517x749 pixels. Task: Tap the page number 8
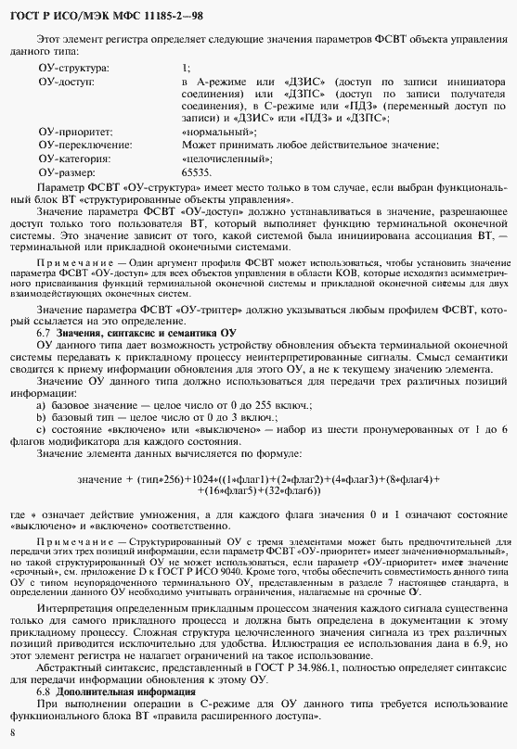pyautogui.click(x=11, y=733)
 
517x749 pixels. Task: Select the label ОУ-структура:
pyautogui.click(x=73, y=69)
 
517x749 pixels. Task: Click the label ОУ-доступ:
pyautogui.click(x=67, y=82)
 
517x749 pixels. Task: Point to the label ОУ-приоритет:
pyautogui.click(x=75, y=133)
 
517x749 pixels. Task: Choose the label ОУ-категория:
pyautogui.click(x=75, y=159)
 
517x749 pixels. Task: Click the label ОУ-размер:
pyautogui.click(x=66, y=172)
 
